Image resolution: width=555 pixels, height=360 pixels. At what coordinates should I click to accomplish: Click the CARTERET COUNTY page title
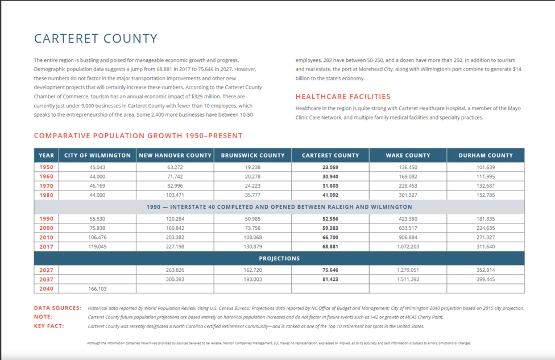tap(96, 39)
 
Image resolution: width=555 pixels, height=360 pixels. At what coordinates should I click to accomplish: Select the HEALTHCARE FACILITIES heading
tap(343, 97)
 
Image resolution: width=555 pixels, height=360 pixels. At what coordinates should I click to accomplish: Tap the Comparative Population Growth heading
tap(138, 135)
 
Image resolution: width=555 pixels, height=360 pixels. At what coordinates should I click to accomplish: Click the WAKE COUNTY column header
tap(408, 155)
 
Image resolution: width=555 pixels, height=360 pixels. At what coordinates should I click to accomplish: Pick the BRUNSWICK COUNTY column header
tap(252, 155)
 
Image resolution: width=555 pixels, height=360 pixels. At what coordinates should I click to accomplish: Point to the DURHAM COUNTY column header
tap(486, 155)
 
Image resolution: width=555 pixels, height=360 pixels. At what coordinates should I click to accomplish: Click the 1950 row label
tap(47, 167)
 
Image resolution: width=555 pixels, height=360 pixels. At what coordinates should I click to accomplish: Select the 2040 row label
tap(47, 289)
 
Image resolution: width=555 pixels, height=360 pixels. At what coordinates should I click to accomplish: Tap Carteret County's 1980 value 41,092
tap(330, 195)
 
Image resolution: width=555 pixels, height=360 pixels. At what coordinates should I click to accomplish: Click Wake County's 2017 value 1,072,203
tap(408, 247)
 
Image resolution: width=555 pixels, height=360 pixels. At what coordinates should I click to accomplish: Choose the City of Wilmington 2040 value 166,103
tap(97, 289)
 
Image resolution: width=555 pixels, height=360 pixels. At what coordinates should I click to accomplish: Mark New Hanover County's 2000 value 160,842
tap(175, 228)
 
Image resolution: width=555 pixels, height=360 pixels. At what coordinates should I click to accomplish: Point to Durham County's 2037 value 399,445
tap(486, 279)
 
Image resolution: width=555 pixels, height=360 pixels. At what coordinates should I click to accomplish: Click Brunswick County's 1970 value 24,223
tap(252, 186)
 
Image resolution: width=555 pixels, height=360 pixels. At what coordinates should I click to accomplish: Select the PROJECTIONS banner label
tap(279, 258)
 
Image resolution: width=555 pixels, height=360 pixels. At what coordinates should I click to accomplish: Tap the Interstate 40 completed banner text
tap(279, 207)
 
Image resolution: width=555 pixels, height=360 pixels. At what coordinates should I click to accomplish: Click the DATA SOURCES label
tap(57, 308)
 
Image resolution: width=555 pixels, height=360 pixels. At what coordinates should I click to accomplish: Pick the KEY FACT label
tap(49, 326)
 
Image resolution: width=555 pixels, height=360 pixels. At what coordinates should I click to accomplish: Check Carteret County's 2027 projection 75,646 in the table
tap(330, 270)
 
